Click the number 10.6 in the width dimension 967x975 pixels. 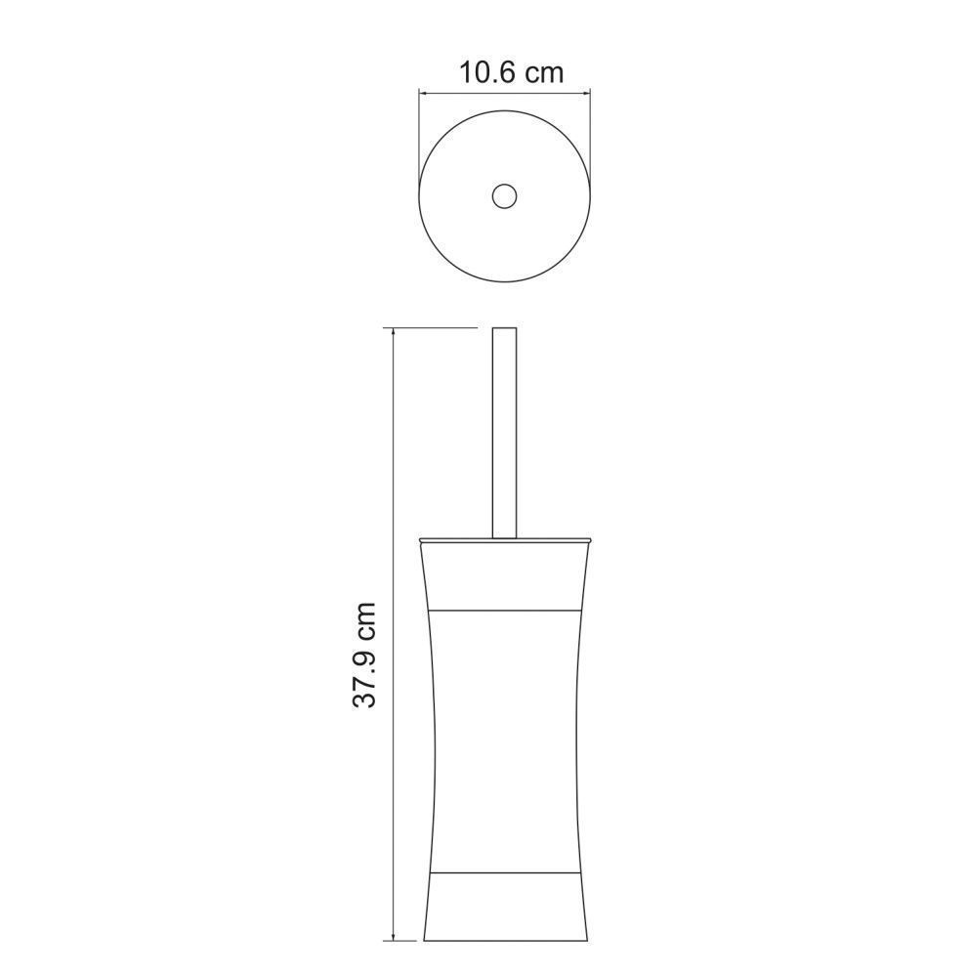(487, 72)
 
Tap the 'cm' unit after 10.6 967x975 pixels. (544, 75)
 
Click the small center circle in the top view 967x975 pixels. (504, 195)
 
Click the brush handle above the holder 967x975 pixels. (504, 432)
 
